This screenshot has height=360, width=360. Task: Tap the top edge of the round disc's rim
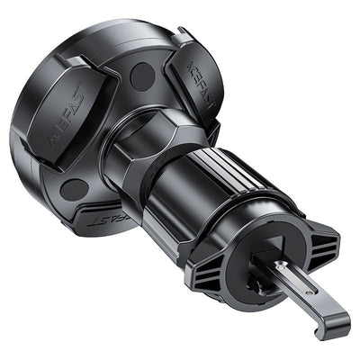(99, 22)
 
